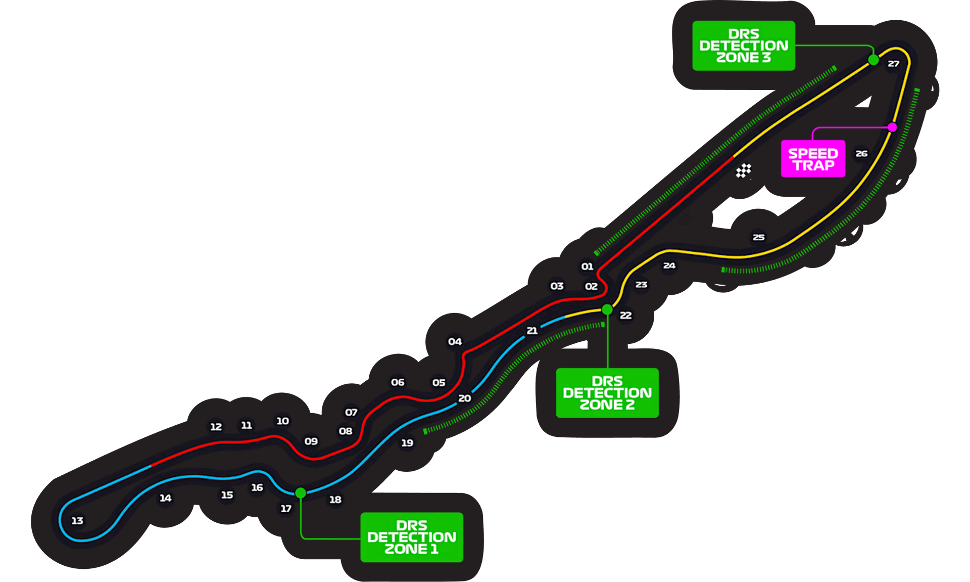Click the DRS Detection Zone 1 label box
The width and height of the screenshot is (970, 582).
pos(412,537)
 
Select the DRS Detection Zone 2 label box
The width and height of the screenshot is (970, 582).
pos(607,393)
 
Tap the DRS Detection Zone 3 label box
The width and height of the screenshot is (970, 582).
pos(744,46)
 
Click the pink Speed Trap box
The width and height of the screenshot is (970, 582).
pos(813,159)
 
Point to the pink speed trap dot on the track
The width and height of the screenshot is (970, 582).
pos(893,127)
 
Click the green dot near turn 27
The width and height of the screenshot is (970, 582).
pos(874,60)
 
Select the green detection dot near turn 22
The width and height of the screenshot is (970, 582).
pos(607,309)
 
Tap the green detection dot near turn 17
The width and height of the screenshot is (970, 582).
pos(301,493)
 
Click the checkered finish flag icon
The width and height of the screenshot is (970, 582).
pos(743,171)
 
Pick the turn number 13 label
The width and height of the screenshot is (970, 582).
pos(77,520)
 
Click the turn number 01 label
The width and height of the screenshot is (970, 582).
pos(587,266)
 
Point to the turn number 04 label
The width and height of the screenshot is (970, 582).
pos(455,341)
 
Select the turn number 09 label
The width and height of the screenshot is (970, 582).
pos(311,441)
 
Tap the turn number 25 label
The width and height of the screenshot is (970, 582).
pos(758,237)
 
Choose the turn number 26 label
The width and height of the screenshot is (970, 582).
pos(861,153)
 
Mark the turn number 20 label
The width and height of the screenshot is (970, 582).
pos(465,398)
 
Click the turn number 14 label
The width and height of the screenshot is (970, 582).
pos(165,498)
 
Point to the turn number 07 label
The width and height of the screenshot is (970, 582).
pos(351,412)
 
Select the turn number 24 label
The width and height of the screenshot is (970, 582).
pos(669,265)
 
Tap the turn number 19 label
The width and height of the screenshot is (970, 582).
pos(407,442)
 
